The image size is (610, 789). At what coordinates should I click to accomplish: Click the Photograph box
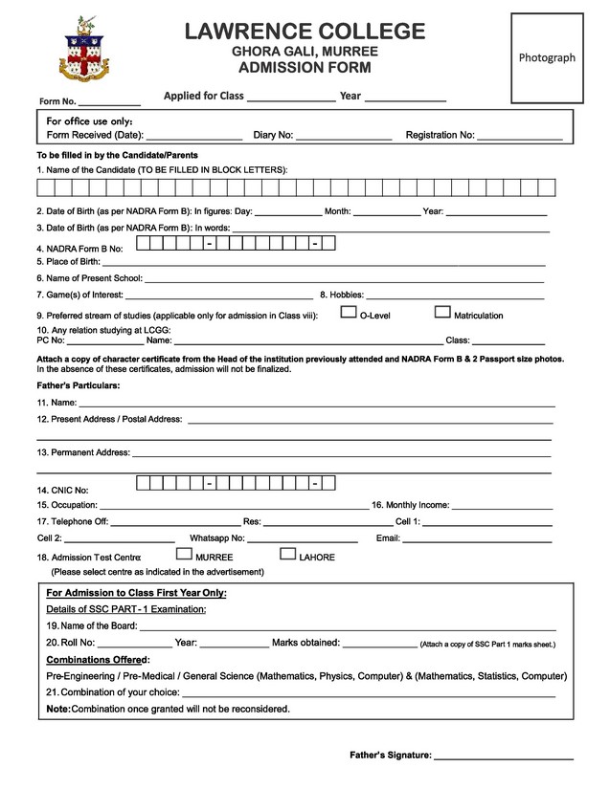547,57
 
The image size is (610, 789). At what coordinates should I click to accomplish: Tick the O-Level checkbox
350,312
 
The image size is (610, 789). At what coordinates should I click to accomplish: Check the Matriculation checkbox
442,312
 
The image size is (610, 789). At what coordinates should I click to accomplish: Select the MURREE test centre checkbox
185,554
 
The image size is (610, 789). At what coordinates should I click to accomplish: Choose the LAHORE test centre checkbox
287,554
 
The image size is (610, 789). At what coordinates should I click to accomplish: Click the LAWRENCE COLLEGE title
305,31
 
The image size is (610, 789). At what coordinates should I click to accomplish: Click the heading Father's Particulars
79,384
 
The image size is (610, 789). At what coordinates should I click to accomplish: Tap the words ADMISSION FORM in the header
305,68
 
